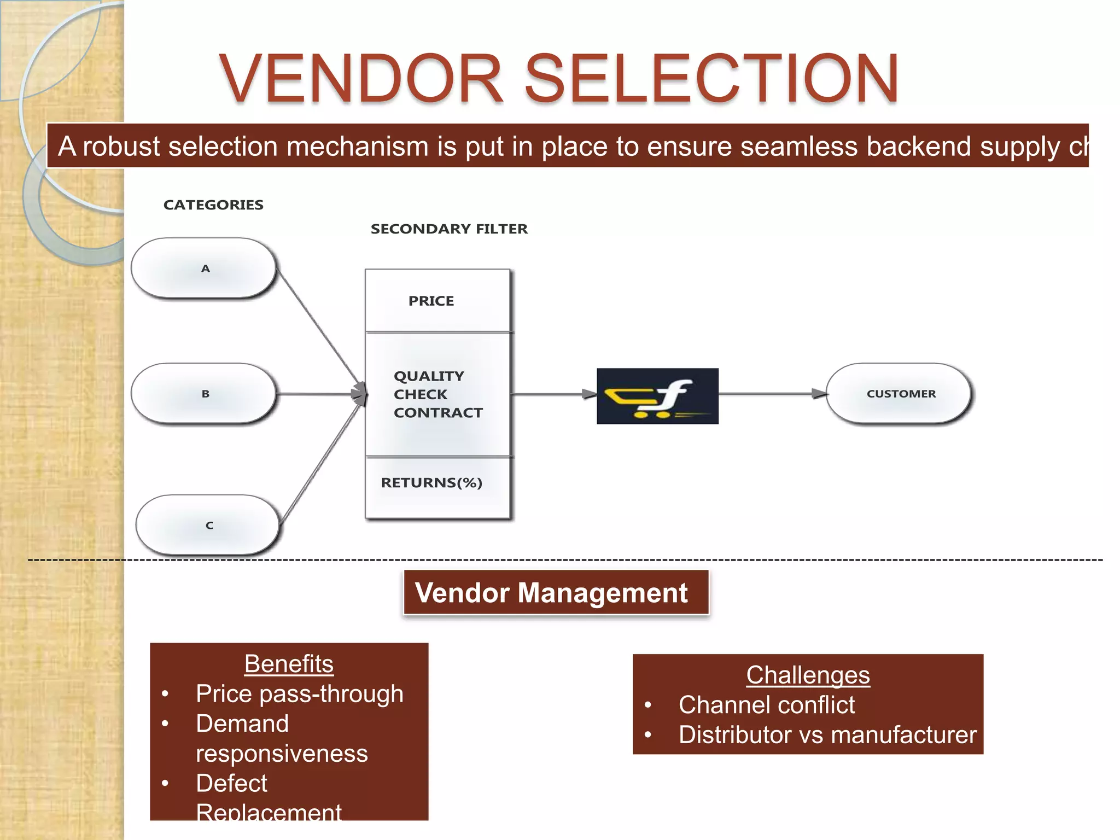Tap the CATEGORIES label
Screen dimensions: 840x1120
(x=213, y=205)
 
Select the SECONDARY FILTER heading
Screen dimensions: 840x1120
(x=449, y=229)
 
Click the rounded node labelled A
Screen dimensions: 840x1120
(x=205, y=269)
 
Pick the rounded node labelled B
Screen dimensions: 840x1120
(x=205, y=394)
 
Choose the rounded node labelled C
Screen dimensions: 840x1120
(x=208, y=526)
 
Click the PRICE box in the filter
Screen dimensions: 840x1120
(x=437, y=301)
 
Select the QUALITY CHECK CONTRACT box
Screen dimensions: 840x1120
(x=437, y=394)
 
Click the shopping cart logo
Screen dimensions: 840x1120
(x=657, y=396)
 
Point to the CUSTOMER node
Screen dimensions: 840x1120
(x=900, y=394)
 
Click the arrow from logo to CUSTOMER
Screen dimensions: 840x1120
(x=771, y=394)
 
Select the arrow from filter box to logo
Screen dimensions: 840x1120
(x=552, y=394)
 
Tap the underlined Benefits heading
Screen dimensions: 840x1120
(x=289, y=664)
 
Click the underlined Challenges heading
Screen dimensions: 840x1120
(x=808, y=675)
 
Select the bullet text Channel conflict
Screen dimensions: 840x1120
(x=766, y=705)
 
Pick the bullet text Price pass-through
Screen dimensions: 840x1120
(x=300, y=694)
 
